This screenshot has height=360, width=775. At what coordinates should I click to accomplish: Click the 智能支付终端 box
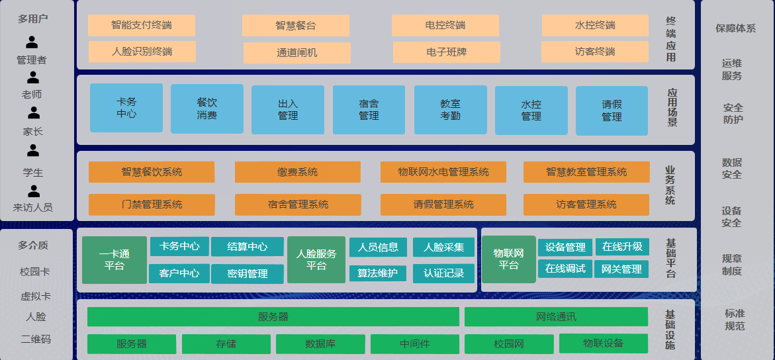tap(142, 26)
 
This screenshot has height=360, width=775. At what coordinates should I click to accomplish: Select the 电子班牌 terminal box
tap(447, 52)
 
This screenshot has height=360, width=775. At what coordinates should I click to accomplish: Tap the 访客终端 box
tap(595, 52)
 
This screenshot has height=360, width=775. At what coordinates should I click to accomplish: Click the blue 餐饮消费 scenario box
tap(206, 109)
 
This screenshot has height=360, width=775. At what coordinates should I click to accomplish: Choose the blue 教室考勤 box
tap(450, 110)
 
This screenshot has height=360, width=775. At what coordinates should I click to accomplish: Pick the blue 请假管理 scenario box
tap(612, 111)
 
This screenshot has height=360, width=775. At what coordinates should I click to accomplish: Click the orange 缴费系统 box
tap(297, 172)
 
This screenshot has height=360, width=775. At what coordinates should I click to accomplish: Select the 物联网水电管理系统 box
tap(443, 172)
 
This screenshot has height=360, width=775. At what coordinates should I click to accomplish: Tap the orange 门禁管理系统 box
tap(152, 204)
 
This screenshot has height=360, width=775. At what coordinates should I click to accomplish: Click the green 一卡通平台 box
tap(114, 260)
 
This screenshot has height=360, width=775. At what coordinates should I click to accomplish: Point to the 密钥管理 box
tap(248, 273)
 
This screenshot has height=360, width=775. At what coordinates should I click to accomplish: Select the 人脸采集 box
tap(443, 247)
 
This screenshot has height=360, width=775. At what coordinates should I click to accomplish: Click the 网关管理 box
tap(621, 269)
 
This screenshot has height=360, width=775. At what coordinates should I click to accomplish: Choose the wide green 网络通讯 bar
tap(556, 317)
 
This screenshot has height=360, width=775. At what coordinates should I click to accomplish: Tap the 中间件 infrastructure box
tap(414, 344)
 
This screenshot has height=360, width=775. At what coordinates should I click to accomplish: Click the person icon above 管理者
tap(32, 42)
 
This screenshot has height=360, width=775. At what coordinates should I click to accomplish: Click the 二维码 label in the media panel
tap(36, 339)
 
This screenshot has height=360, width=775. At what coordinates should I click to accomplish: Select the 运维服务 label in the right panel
tap(732, 69)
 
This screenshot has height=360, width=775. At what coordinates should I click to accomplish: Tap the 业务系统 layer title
tap(670, 186)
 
